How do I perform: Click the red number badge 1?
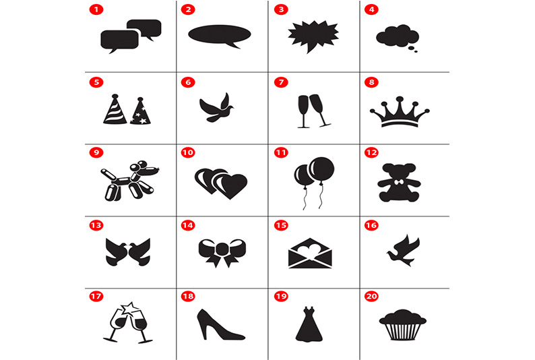[96, 9]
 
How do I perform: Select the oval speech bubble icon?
[220, 35]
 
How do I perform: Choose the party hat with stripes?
[115, 109]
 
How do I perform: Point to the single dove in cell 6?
[217, 108]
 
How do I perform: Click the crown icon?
[400, 112]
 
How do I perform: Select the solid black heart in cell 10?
[230, 186]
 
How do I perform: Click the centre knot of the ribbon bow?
[222, 249]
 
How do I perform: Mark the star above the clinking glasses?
[128, 308]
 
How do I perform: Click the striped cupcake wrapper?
[403, 332]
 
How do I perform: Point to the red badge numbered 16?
[371, 225]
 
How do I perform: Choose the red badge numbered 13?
[96, 225]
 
